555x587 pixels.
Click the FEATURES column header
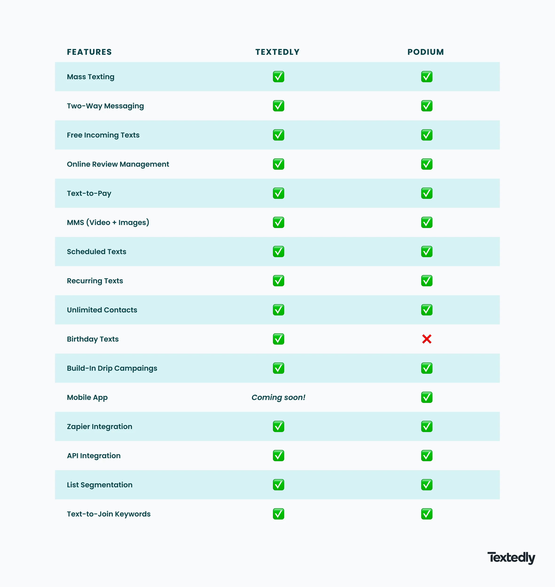(x=89, y=52)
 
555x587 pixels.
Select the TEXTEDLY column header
(x=277, y=52)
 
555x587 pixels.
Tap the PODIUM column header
(x=426, y=52)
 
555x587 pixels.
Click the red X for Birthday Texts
(x=427, y=339)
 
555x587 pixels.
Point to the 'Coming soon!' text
(x=278, y=397)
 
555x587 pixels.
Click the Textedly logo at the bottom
(x=511, y=558)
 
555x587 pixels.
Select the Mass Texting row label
(x=90, y=77)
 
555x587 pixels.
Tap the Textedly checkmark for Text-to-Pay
(x=278, y=193)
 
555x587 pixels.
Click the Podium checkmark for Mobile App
(x=427, y=397)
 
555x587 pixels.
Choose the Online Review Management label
(x=118, y=164)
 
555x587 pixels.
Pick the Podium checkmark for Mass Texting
(x=427, y=77)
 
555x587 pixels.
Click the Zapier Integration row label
(x=99, y=427)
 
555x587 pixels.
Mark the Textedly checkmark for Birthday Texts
(x=278, y=339)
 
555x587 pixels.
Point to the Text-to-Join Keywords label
(x=109, y=514)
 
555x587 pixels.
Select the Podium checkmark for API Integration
(x=427, y=456)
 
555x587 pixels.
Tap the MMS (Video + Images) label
(x=108, y=223)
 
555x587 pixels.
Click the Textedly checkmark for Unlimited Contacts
(x=278, y=310)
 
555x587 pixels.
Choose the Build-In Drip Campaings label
(x=112, y=368)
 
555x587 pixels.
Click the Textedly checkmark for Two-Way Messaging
(x=278, y=106)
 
